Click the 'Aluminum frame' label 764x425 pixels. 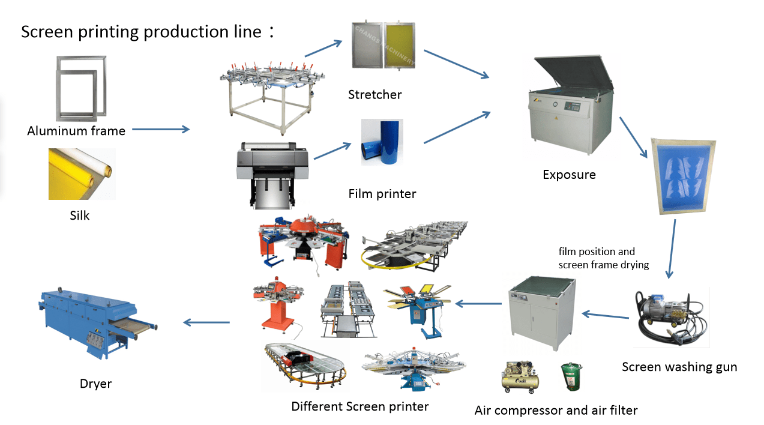(76, 131)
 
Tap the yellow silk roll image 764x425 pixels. (81, 173)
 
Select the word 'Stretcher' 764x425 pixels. (374, 94)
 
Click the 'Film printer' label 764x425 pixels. (382, 194)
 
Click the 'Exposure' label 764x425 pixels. (569, 175)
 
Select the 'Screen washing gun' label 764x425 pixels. (679, 367)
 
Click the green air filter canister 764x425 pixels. (571, 377)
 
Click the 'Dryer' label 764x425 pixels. (96, 384)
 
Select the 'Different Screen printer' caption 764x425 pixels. (359, 406)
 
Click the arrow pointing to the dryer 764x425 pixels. (206, 322)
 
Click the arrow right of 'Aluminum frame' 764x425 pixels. (160, 129)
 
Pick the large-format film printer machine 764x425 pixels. (273, 171)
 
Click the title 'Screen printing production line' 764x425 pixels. (142, 32)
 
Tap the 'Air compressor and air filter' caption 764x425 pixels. (556, 411)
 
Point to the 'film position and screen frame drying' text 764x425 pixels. (603, 258)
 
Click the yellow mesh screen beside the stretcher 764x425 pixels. (400, 45)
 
